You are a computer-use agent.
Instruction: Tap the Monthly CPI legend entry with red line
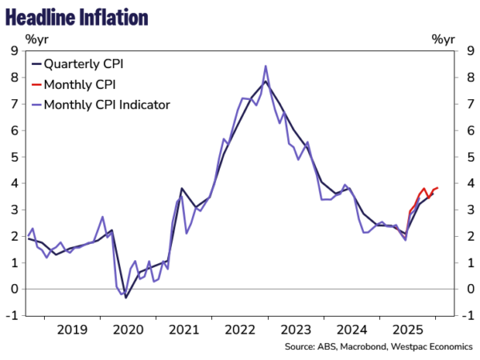tap(78, 83)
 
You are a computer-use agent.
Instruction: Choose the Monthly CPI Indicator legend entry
tap(106, 104)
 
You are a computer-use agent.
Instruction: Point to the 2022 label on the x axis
tap(242, 329)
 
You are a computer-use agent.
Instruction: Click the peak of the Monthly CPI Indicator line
tap(266, 66)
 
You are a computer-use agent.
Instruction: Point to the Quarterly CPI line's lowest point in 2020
tap(126, 298)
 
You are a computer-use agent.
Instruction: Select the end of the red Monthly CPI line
tap(438, 187)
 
